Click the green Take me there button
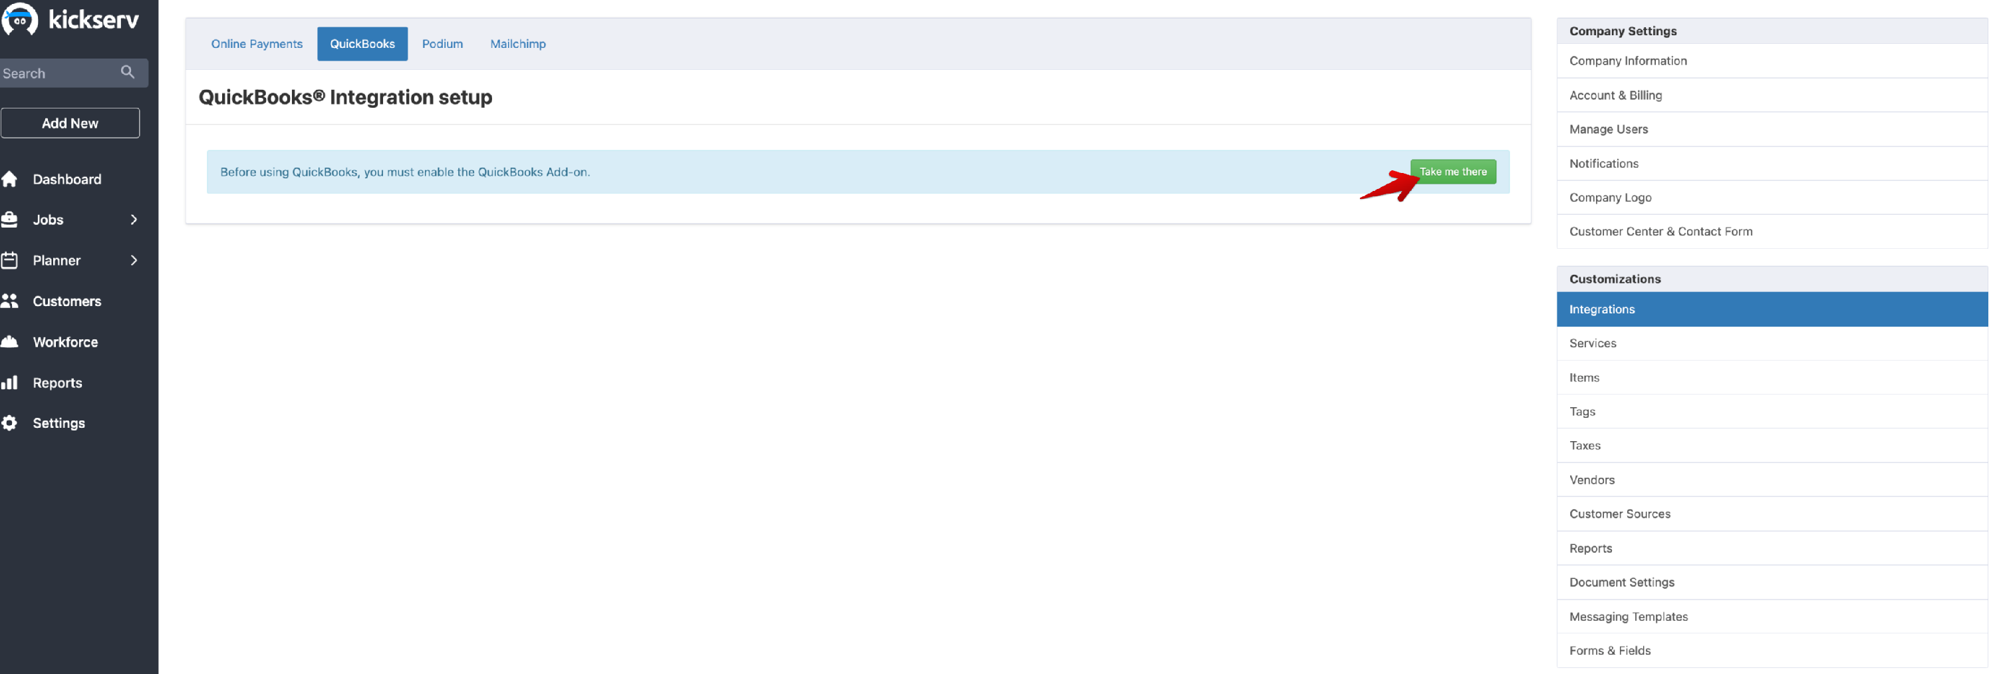coord(1452,171)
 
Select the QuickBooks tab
coord(362,43)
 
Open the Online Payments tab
coord(256,43)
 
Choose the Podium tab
coord(442,43)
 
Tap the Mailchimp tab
coord(517,43)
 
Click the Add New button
coord(70,123)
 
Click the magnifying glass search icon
coord(128,72)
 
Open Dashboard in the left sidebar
coord(66,179)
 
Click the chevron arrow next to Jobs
coord(134,220)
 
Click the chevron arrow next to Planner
coord(134,260)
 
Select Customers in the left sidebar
coord(66,301)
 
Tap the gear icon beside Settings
coord(9,423)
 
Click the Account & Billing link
coord(1615,94)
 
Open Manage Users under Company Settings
coord(1608,128)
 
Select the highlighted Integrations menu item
coord(1601,309)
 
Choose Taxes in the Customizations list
coord(1585,446)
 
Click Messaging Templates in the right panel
coord(1628,617)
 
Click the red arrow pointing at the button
coord(1390,186)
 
